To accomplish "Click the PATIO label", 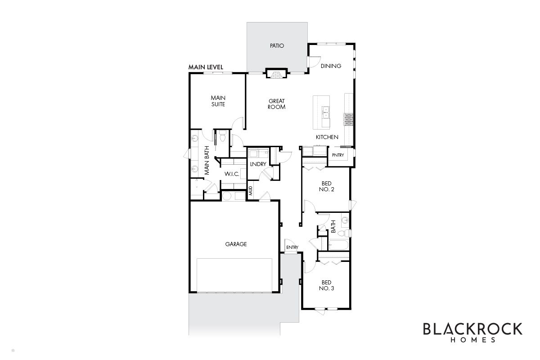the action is pos(277,45).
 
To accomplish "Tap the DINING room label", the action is pos(331,66).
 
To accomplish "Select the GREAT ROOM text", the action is pos(276,104).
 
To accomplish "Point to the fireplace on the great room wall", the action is pos(276,73).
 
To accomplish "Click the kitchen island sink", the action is pos(325,113).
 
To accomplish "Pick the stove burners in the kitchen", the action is pos(348,120).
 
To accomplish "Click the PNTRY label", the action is pos(338,155).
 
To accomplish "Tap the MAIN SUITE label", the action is pos(218,101).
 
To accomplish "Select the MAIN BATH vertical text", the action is pos(207,160).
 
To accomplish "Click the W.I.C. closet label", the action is pos(232,174).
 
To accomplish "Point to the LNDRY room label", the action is pos(258,164).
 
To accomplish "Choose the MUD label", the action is pos(251,191).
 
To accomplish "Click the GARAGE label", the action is pos(236,244).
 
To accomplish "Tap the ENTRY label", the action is pos(292,247).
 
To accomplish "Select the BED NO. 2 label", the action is pos(326,186).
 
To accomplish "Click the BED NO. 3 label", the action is pos(326,285).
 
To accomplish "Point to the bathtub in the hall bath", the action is pos(338,245).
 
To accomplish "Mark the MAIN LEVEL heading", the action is pos(206,67).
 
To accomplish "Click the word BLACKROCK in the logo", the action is pos(473,329).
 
